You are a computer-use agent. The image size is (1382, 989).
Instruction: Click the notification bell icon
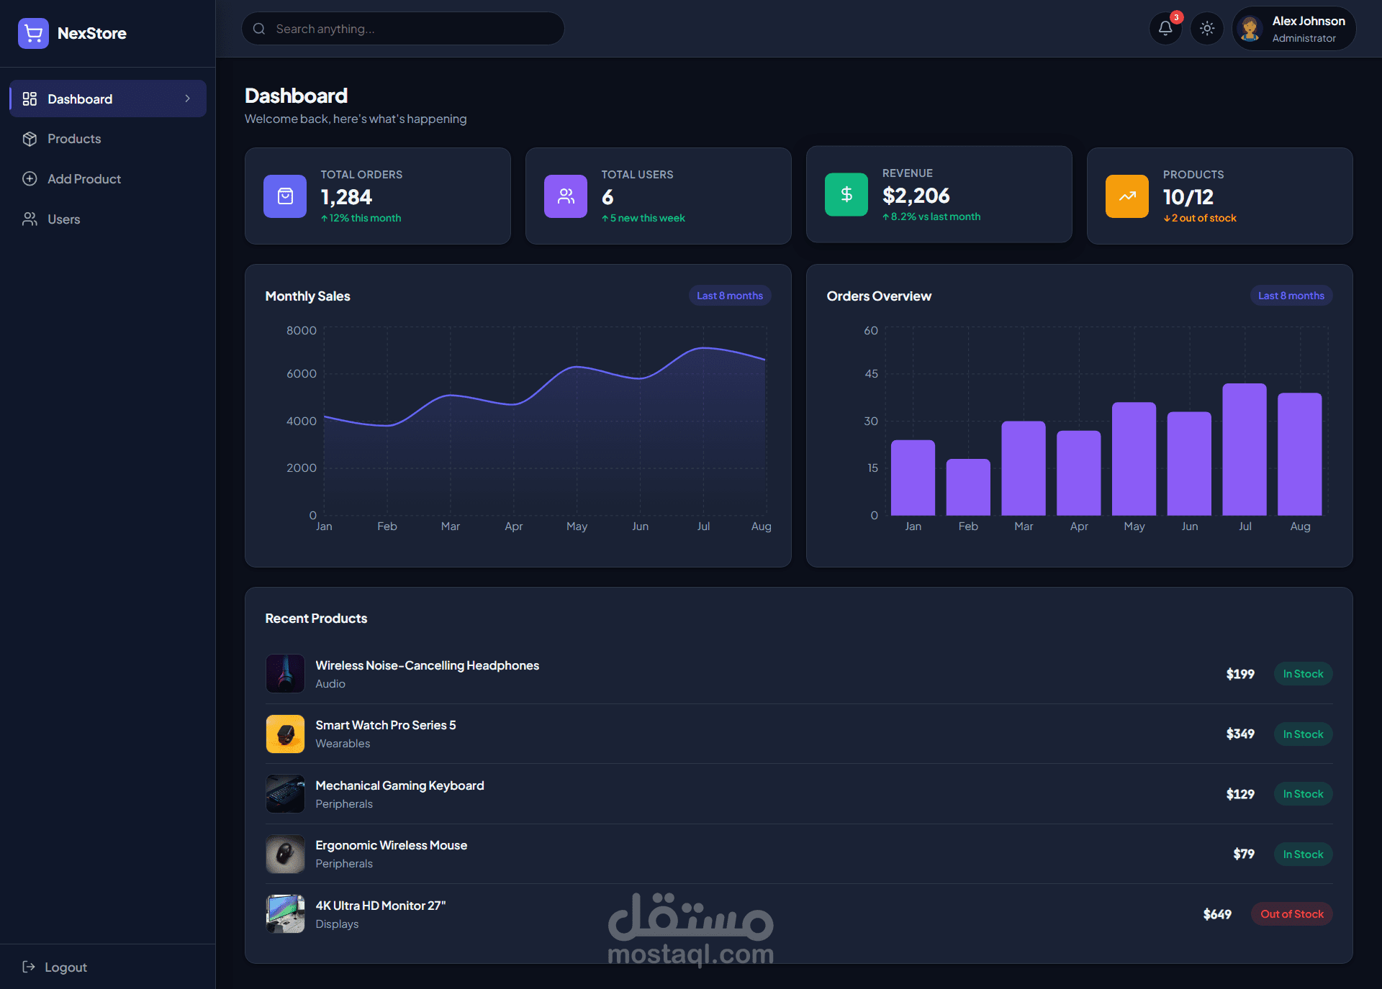(x=1165, y=29)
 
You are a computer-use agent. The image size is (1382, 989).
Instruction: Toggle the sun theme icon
(x=1207, y=29)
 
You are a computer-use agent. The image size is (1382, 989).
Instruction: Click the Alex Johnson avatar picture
(x=1250, y=29)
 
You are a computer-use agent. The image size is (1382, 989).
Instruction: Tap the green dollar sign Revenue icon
(x=846, y=194)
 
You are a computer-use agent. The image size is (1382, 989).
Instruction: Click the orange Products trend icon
(x=1127, y=196)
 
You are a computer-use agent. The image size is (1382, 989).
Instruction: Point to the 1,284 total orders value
(x=346, y=197)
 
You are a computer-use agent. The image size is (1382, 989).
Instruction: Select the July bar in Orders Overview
(x=1245, y=450)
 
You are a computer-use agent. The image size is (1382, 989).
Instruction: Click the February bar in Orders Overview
(x=968, y=487)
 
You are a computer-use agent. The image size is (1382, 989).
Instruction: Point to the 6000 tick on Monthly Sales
(x=302, y=374)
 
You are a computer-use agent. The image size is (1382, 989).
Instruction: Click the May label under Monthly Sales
(x=577, y=527)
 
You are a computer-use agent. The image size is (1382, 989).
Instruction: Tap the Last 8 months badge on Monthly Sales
(x=730, y=296)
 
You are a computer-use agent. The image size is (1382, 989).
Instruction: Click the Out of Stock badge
(x=1292, y=914)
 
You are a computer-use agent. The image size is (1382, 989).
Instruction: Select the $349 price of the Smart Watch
(x=1240, y=734)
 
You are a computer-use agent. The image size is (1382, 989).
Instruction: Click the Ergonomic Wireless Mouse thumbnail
(x=285, y=854)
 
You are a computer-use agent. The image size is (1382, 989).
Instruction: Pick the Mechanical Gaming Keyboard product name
(x=399, y=785)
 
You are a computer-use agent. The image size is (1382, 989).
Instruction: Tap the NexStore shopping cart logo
(x=33, y=33)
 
